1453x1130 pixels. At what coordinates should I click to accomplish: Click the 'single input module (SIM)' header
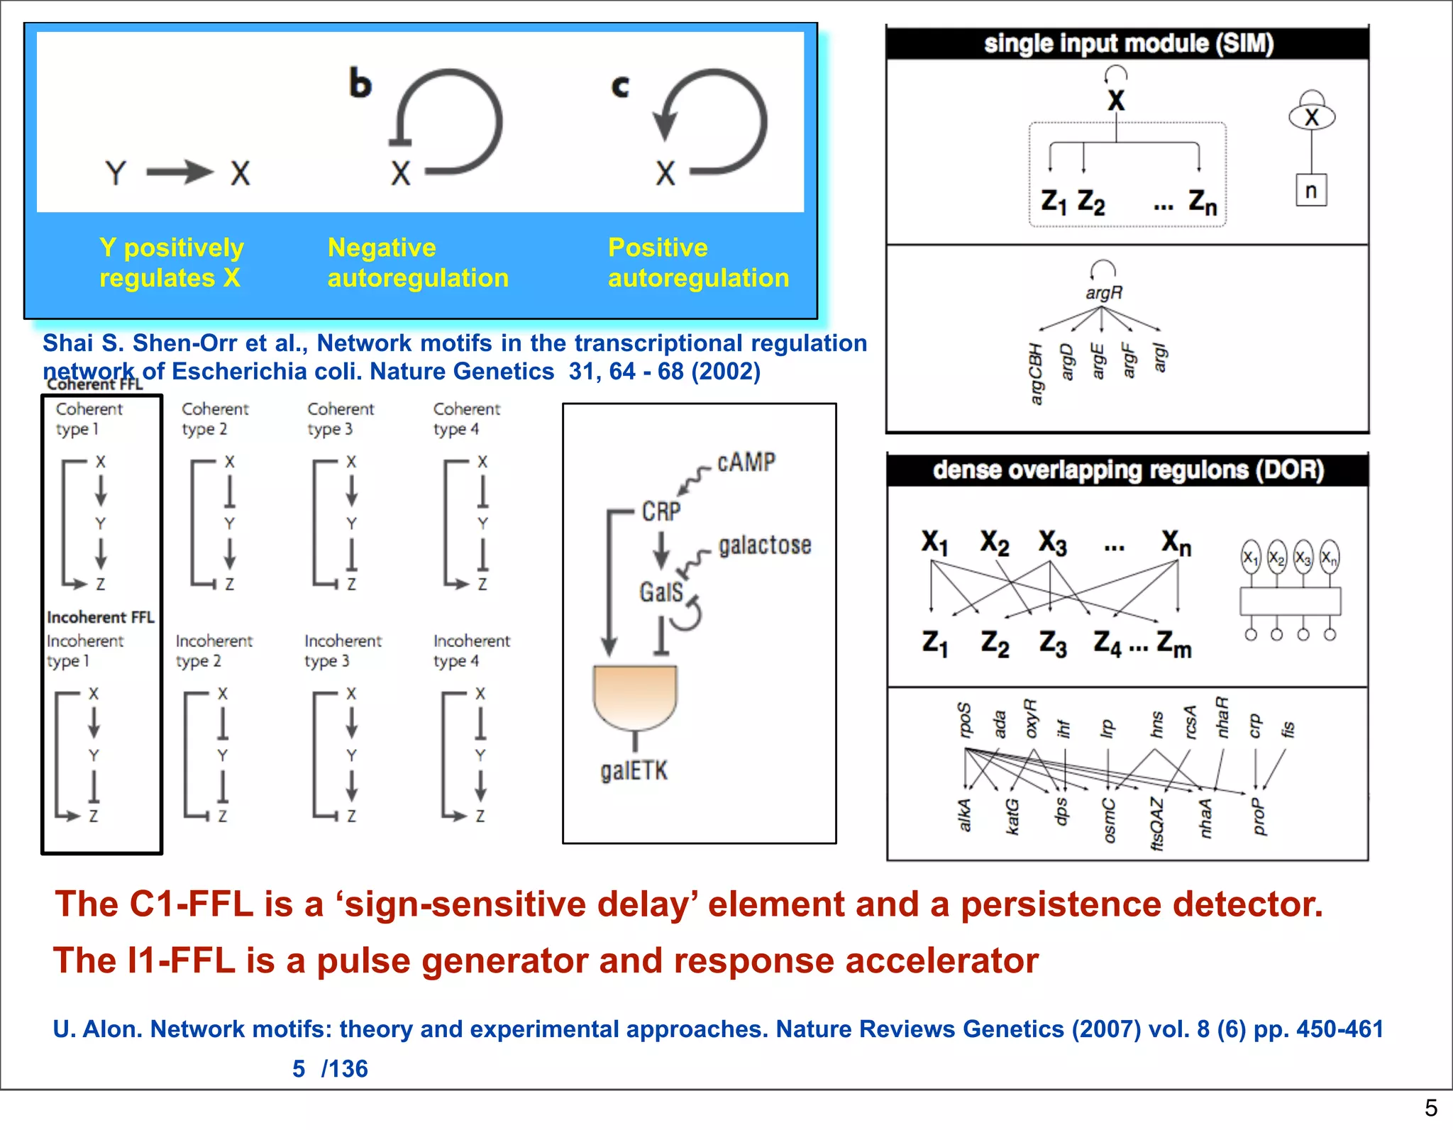(x=1128, y=44)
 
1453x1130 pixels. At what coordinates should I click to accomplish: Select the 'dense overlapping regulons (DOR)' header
(x=1128, y=470)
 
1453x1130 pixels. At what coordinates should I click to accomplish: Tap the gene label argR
(x=1104, y=292)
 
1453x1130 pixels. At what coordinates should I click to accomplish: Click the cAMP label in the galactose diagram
(x=746, y=462)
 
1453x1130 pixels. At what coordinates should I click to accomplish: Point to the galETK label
(x=634, y=770)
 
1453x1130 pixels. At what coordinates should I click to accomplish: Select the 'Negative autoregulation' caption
(x=418, y=262)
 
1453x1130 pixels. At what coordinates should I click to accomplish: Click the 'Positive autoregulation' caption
(x=698, y=262)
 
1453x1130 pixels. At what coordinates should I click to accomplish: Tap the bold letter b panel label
(x=360, y=84)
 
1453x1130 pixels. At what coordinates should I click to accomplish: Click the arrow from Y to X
(x=180, y=172)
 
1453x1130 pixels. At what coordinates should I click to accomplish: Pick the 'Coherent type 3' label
(x=341, y=419)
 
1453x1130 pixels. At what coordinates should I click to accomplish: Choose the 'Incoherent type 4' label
(x=471, y=650)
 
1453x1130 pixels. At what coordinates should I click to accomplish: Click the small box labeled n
(x=1310, y=191)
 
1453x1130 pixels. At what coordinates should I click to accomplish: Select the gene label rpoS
(x=964, y=720)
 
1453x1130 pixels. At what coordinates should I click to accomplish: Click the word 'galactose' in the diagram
(x=765, y=545)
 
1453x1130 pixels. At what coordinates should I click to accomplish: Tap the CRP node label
(x=661, y=511)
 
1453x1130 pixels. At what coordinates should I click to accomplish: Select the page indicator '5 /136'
(x=330, y=1068)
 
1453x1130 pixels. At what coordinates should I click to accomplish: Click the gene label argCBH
(x=1036, y=374)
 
